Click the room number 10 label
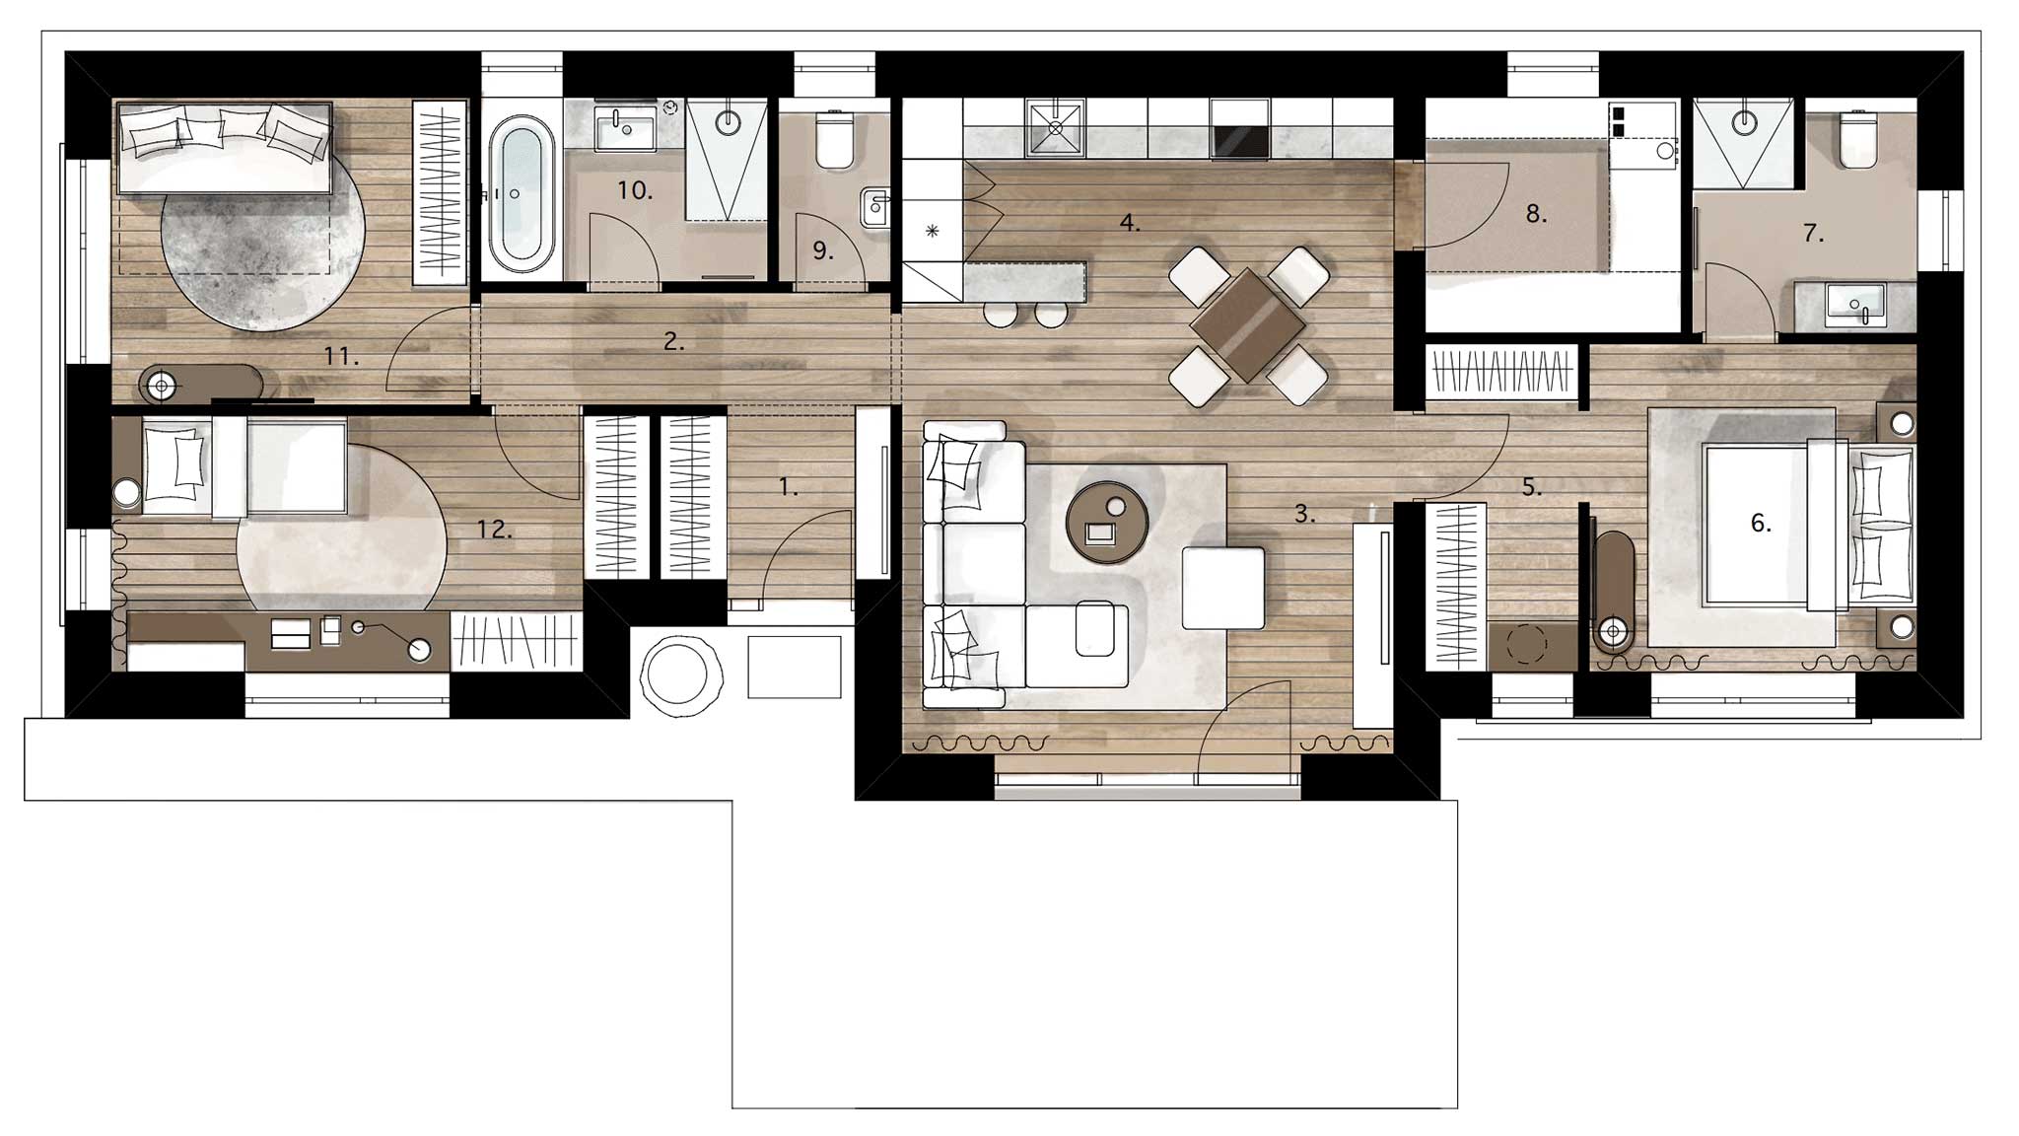[x=635, y=190]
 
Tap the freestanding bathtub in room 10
[x=522, y=195]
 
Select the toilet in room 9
[x=835, y=139]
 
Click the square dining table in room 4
[x=1247, y=324]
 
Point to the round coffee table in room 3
[x=1108, y=523]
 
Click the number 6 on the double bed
[x=1761, y=523]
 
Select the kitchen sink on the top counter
[x=1055, y=128]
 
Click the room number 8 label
[x=1536, y=213]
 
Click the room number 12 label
[x=495, y=530]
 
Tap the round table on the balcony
[x=674, y=674]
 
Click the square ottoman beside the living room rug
[x=1223, y=588]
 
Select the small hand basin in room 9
[x=875, y=208]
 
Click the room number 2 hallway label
[x=674, y=342]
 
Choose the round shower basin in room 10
[x=728, y=122]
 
